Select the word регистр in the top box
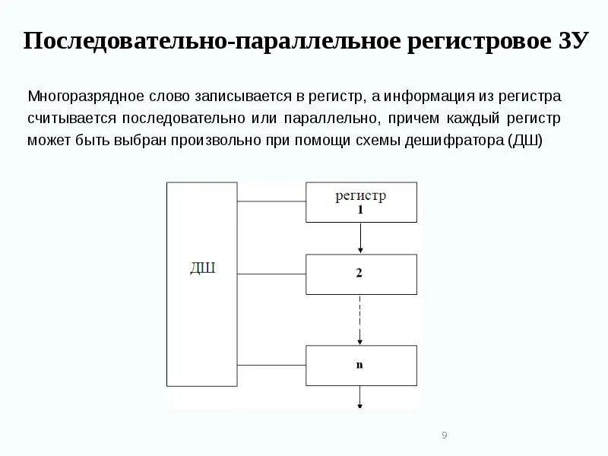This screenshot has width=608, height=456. tap(360, 195)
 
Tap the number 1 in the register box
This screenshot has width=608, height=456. tap(361, 210)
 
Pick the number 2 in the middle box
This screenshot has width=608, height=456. tap(359, 274)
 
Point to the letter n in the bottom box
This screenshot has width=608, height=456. tap(360, 365)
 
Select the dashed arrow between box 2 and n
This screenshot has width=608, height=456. tap(361, 319)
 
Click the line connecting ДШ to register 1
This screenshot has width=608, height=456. tap(271, 202)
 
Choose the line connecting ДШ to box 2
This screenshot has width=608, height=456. tap(271, 274)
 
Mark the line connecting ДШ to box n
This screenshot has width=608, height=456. tap(271, 365)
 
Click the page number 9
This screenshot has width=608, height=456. tap(444, 435)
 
